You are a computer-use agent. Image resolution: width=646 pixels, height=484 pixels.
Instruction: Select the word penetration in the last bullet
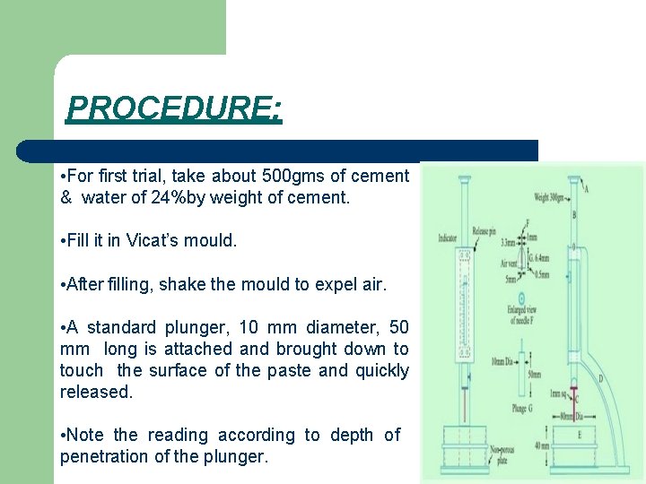[102, 456]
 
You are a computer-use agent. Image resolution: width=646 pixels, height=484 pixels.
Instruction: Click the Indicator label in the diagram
[447, 238]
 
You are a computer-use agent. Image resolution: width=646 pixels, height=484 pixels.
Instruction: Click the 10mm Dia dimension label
[502, 361]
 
